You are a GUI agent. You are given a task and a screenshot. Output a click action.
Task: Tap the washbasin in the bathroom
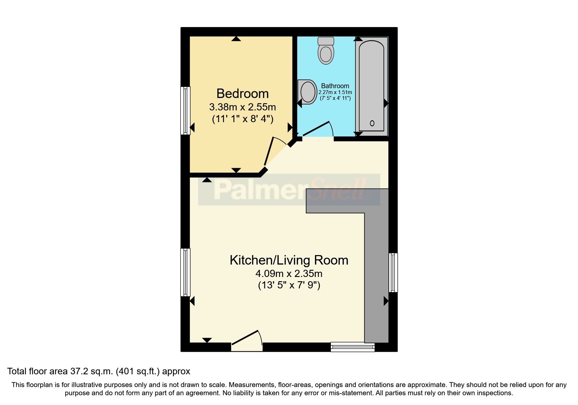tap(307, 92)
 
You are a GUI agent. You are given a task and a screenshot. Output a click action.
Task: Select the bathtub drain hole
tap(372, 123)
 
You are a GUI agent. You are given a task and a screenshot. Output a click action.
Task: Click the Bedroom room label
tap(242, 94)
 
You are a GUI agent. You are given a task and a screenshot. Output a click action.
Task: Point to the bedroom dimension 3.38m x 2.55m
tap(242, 107)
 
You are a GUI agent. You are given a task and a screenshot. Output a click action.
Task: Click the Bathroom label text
tap(335, 86)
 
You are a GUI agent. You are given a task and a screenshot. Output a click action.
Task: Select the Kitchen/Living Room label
tap(289, 260)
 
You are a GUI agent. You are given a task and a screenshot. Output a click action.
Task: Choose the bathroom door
tap(316, 129)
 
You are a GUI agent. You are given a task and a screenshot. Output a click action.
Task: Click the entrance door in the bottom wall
tap(246, 343)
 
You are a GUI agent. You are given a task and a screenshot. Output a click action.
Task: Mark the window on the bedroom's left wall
tap(185, 110)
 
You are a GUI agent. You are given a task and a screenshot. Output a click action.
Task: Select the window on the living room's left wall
tap(185, 272)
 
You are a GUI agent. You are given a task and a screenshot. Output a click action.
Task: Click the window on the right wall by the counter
tap(393, 272)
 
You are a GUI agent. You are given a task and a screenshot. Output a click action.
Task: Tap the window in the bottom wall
tap(352, 347)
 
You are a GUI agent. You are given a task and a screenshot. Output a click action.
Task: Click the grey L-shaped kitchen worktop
tap(376, 261)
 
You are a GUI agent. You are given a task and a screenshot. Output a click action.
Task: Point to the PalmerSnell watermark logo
tap(289, 190)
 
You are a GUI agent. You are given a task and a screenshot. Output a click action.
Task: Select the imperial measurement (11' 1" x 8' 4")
tap(242, 119)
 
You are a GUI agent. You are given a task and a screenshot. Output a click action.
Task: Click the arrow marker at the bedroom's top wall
tap(236, 39)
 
